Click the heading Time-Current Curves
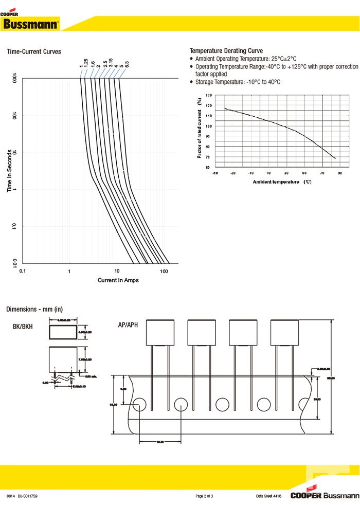[33, 51]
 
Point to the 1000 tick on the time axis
[15, 79]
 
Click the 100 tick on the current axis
[164, 270]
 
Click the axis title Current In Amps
[118, 280]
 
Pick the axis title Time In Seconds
[9, 171]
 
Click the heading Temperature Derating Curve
[226, 51]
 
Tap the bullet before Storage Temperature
[192, 82]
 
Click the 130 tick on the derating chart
[208, 96]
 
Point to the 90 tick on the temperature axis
[340, 173]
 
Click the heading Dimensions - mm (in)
[34, 309]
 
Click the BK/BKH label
[23, 326]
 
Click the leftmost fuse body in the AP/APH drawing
[160, 332]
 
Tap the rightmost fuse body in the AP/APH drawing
[284, 332]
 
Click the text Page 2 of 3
[204, 496]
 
